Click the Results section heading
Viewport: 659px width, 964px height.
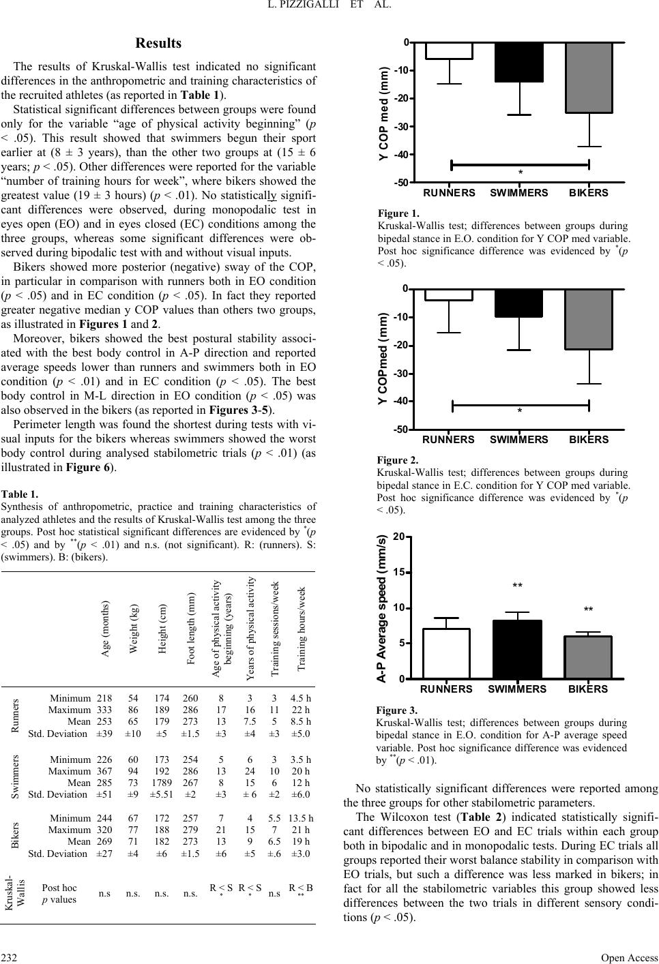coord(158,44)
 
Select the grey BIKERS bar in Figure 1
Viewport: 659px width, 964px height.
coord(588,77)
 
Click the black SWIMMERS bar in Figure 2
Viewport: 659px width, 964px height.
coord(518,303)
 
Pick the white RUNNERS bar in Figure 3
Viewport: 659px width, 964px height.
coord(445,653)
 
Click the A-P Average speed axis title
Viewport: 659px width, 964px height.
coord(382,609)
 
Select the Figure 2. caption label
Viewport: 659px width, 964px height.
coord(397,460)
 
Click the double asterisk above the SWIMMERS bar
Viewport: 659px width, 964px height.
coord(518,586)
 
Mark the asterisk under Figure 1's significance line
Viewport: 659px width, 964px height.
coord(521,173)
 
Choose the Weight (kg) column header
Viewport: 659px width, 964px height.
coord(134,629)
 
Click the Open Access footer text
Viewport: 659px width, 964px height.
coord(630,957)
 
